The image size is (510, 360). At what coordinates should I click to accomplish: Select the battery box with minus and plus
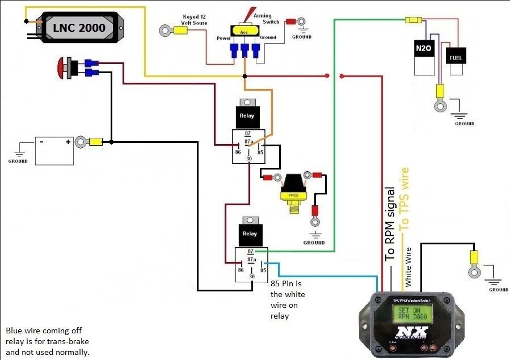coord(54,150)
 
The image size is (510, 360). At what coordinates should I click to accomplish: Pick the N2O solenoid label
coord(424,49)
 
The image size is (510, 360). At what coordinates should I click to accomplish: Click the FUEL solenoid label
coord(456,58)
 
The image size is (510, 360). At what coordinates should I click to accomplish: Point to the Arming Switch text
coord(266,19)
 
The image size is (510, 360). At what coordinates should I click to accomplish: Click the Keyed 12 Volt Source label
coord(195,20)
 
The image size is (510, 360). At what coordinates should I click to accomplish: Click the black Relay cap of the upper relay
coord(247,116)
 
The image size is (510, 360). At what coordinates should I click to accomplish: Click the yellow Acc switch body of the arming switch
coord(244,32)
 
